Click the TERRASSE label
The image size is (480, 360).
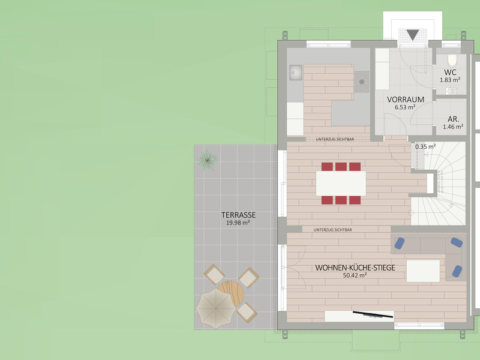click(238, 215)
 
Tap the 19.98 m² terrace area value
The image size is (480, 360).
click(238, 223)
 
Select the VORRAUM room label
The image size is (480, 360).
click(406, 100)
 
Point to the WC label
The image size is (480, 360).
click(450, 73)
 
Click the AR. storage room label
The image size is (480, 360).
click(454, 119)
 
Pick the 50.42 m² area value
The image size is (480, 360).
click(355, 275)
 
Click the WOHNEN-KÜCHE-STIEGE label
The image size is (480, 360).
click(355, 268)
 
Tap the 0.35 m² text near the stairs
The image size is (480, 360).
click(425, 146)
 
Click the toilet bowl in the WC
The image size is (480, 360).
click(452, 60)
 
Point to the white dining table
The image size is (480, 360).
click(341, 184)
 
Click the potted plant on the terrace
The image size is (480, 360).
click(208, 160)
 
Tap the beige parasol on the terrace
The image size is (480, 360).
click(216, 308)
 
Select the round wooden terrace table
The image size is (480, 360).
click(232, 292)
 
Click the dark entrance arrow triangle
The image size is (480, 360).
click(413, 35)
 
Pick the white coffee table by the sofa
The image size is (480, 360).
click(423, 271)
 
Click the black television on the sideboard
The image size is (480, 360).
click(373, 314)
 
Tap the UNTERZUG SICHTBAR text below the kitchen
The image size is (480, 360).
click(335, 139)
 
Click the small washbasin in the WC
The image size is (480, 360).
click(451, 91)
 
